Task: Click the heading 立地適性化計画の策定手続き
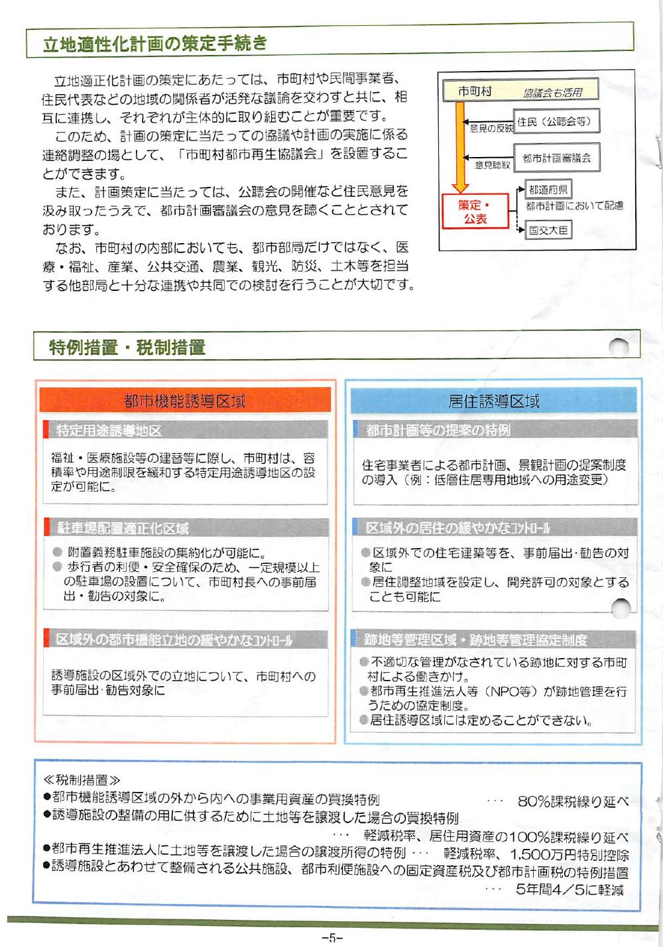(154, 44)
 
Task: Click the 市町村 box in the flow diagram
(475, 91)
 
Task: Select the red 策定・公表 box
(475, 211)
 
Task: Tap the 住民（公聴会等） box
(556, 121)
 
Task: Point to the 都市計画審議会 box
(556, 158)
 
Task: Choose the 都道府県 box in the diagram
(548, 190)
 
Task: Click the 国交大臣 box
(548, 230)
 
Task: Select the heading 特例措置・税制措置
(127, 347)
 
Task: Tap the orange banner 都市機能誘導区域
(184, 400)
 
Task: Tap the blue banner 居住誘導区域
(493, 400)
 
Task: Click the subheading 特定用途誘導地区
(109, 431)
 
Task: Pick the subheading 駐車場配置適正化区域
(123, 528)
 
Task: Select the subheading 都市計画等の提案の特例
(438, 430)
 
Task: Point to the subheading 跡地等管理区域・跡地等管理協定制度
(475, 640)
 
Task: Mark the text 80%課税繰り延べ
(573, 801)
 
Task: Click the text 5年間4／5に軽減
(570, 889)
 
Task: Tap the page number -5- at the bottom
(331, 938)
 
